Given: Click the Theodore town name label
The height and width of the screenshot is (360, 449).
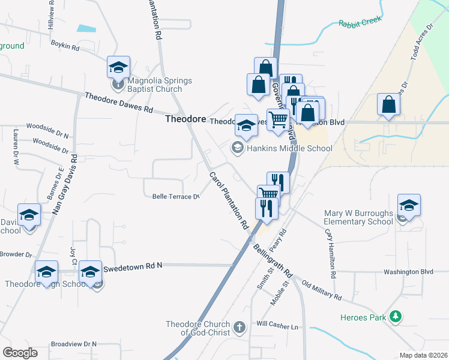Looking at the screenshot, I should pos(186,119).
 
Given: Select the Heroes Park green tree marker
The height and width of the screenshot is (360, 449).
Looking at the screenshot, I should pos(395,316).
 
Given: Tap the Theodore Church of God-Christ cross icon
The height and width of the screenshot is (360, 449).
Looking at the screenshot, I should pos(240,327).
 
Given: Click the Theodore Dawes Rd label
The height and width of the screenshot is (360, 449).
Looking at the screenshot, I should pos(119,103).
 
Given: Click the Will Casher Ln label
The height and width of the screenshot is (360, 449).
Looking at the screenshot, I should pos(277,327).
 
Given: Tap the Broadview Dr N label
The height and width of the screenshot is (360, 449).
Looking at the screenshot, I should pos(74,344).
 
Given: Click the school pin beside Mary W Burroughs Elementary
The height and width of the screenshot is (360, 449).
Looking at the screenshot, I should pos(409,205).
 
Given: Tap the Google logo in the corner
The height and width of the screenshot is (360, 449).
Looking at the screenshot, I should pos(20,352).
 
